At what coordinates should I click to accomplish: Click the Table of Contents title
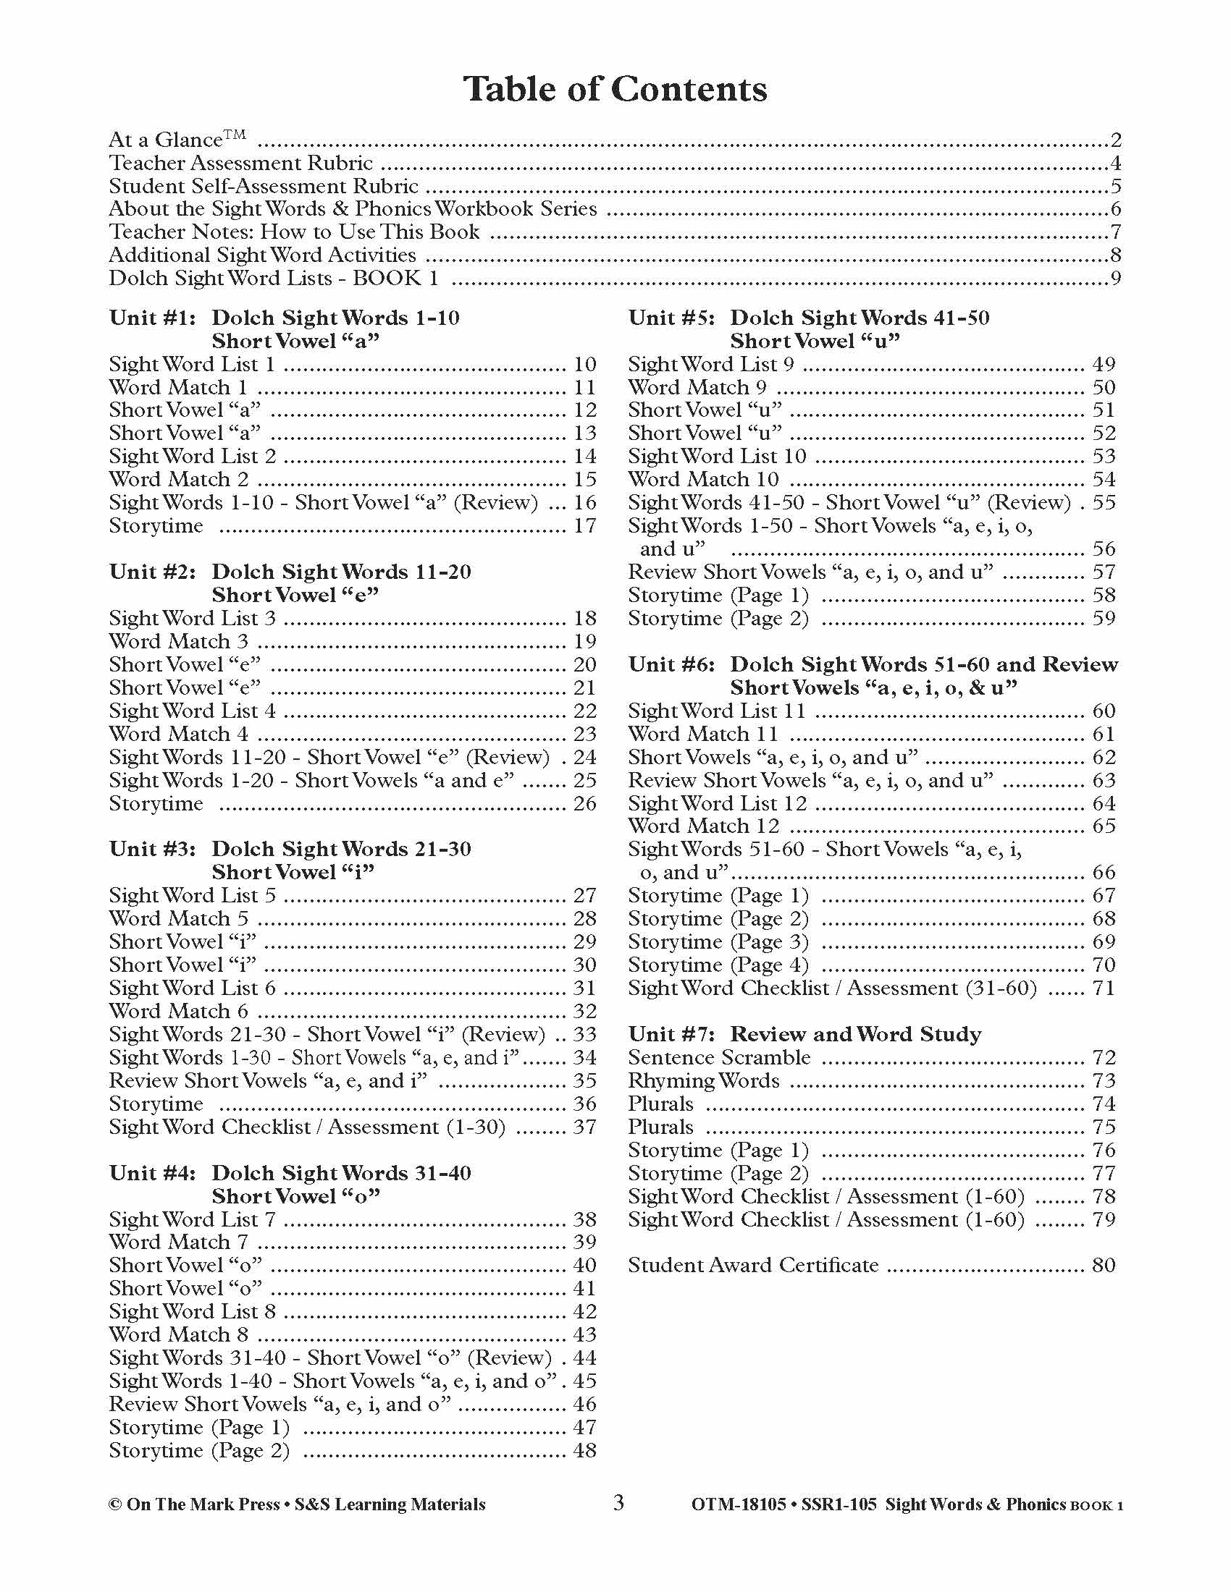(x=615, y=89)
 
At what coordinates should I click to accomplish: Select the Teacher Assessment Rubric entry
(x=240, y=163)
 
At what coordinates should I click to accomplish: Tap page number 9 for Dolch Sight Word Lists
(x=1115, y=279)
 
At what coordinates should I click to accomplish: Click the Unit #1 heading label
(x=152, y=318)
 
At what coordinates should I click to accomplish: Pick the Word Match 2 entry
(x=179, y=480)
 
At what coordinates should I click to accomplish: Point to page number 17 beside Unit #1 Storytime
(x=585, y=525)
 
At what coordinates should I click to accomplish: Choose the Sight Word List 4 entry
(x=193, y=711)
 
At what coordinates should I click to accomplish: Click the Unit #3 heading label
(x=152, y=850)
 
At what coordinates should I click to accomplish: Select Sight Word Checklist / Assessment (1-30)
(x=307, y=1127)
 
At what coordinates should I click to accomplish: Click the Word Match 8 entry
(x=179, y=1334)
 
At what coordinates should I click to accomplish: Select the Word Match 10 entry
(x=703, y=480)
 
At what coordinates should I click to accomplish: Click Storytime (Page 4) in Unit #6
(x=718, y=965)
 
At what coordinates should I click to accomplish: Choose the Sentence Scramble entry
(x=719, y=1058)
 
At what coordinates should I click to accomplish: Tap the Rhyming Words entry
(x=703, y=1081)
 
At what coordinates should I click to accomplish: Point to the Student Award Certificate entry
(x=753, y=1266)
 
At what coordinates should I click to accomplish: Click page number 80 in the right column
(x=1104, y=1266)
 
